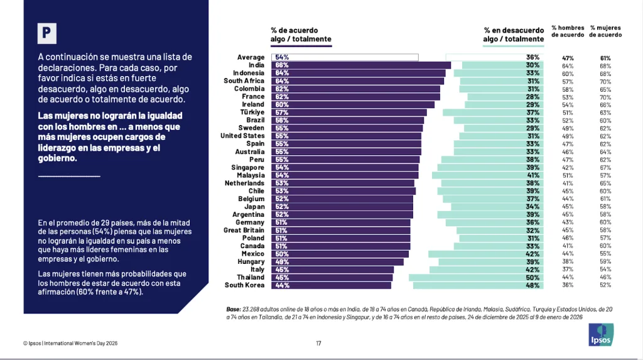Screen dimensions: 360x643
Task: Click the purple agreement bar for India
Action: coord(361,65)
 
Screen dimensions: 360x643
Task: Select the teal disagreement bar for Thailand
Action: coord(476,277)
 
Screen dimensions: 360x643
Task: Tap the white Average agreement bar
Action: coord(345,57)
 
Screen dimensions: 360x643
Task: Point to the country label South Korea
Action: coord(244,285)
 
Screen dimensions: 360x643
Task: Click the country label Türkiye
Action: coord(251,112)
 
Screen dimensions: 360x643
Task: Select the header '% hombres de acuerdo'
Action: coord(568,31)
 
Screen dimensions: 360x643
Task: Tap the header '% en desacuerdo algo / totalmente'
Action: coord(514,35)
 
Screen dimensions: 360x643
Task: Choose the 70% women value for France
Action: coord(605,97)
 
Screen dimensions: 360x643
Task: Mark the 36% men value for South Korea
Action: coord(568,285)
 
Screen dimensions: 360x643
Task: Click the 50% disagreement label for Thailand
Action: coord(533,277)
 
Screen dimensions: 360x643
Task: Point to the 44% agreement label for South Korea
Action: coord(281,285)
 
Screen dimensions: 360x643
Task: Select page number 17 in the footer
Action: coord(318,343)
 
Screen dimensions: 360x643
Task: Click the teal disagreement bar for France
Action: coord(505,97)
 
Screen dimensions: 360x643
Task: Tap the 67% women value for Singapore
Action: coord(605,168)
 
